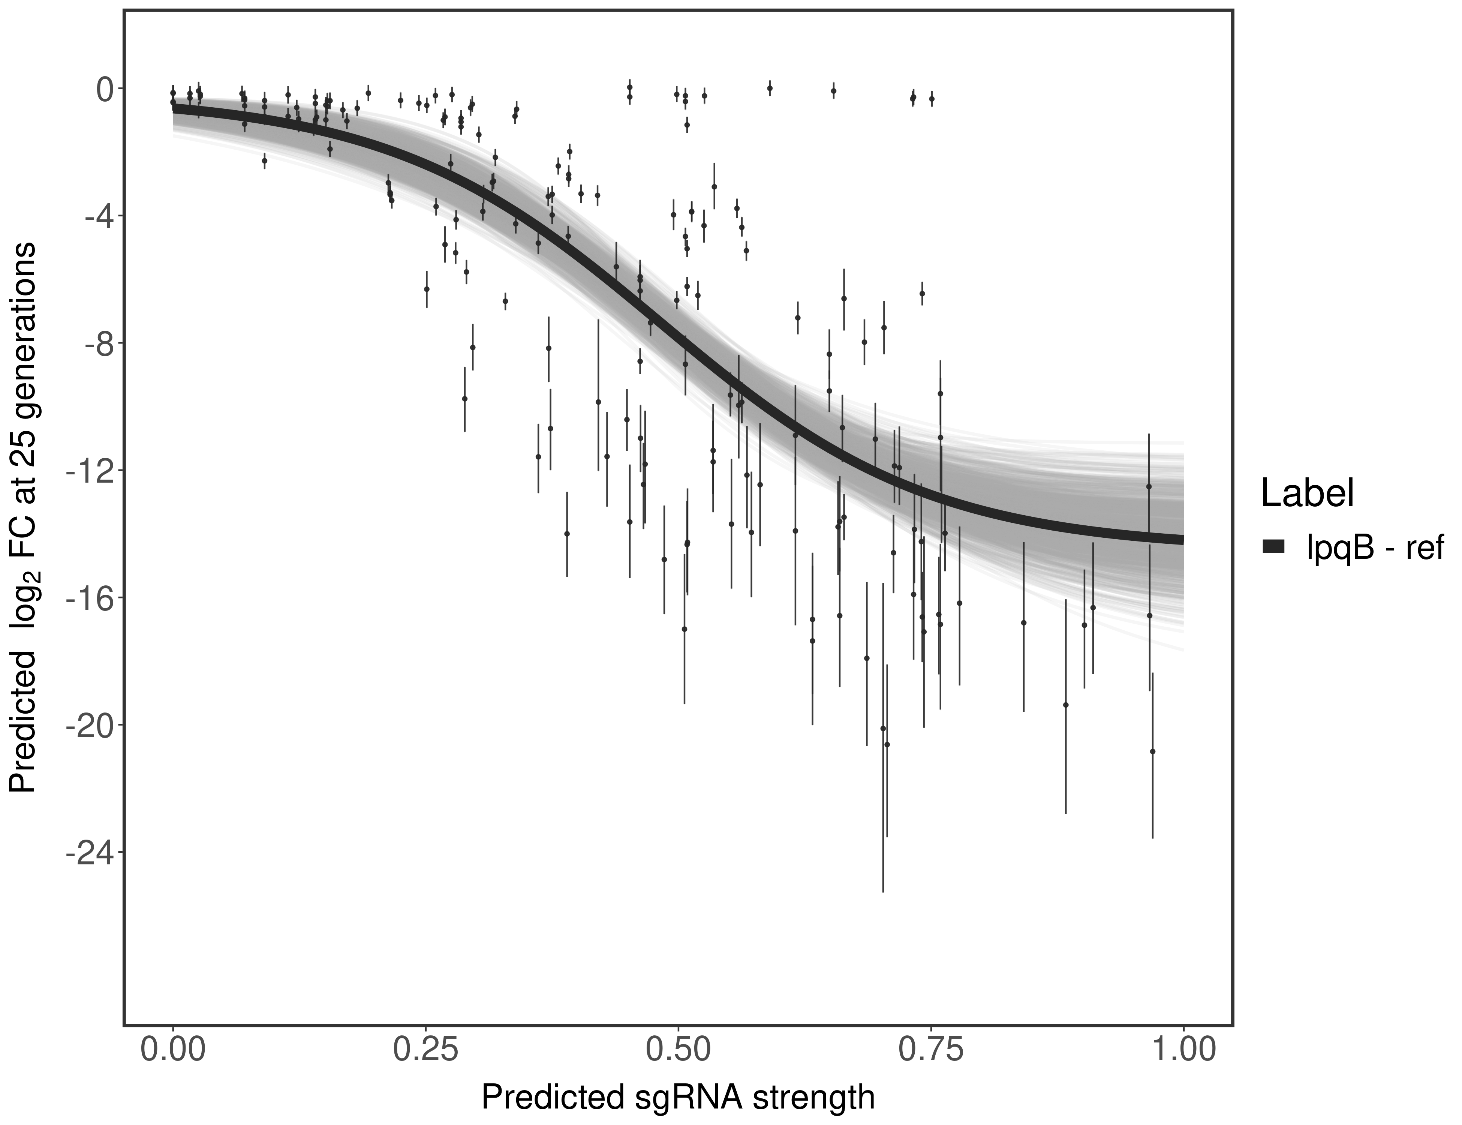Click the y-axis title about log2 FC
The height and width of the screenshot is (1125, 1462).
[23, 517]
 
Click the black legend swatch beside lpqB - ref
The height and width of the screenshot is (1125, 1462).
[1273, 547]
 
